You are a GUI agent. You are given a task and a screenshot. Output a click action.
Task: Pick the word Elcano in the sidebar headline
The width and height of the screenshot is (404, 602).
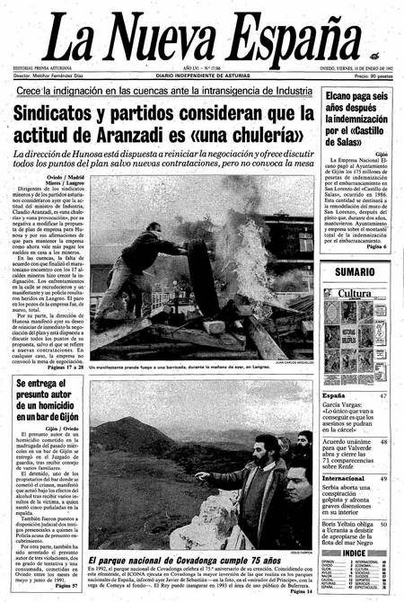tap(343, 94)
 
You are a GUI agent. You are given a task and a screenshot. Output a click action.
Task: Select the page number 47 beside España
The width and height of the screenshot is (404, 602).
tap(383, 395)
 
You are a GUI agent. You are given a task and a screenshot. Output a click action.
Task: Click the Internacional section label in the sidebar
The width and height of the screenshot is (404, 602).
tap(344, 479)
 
